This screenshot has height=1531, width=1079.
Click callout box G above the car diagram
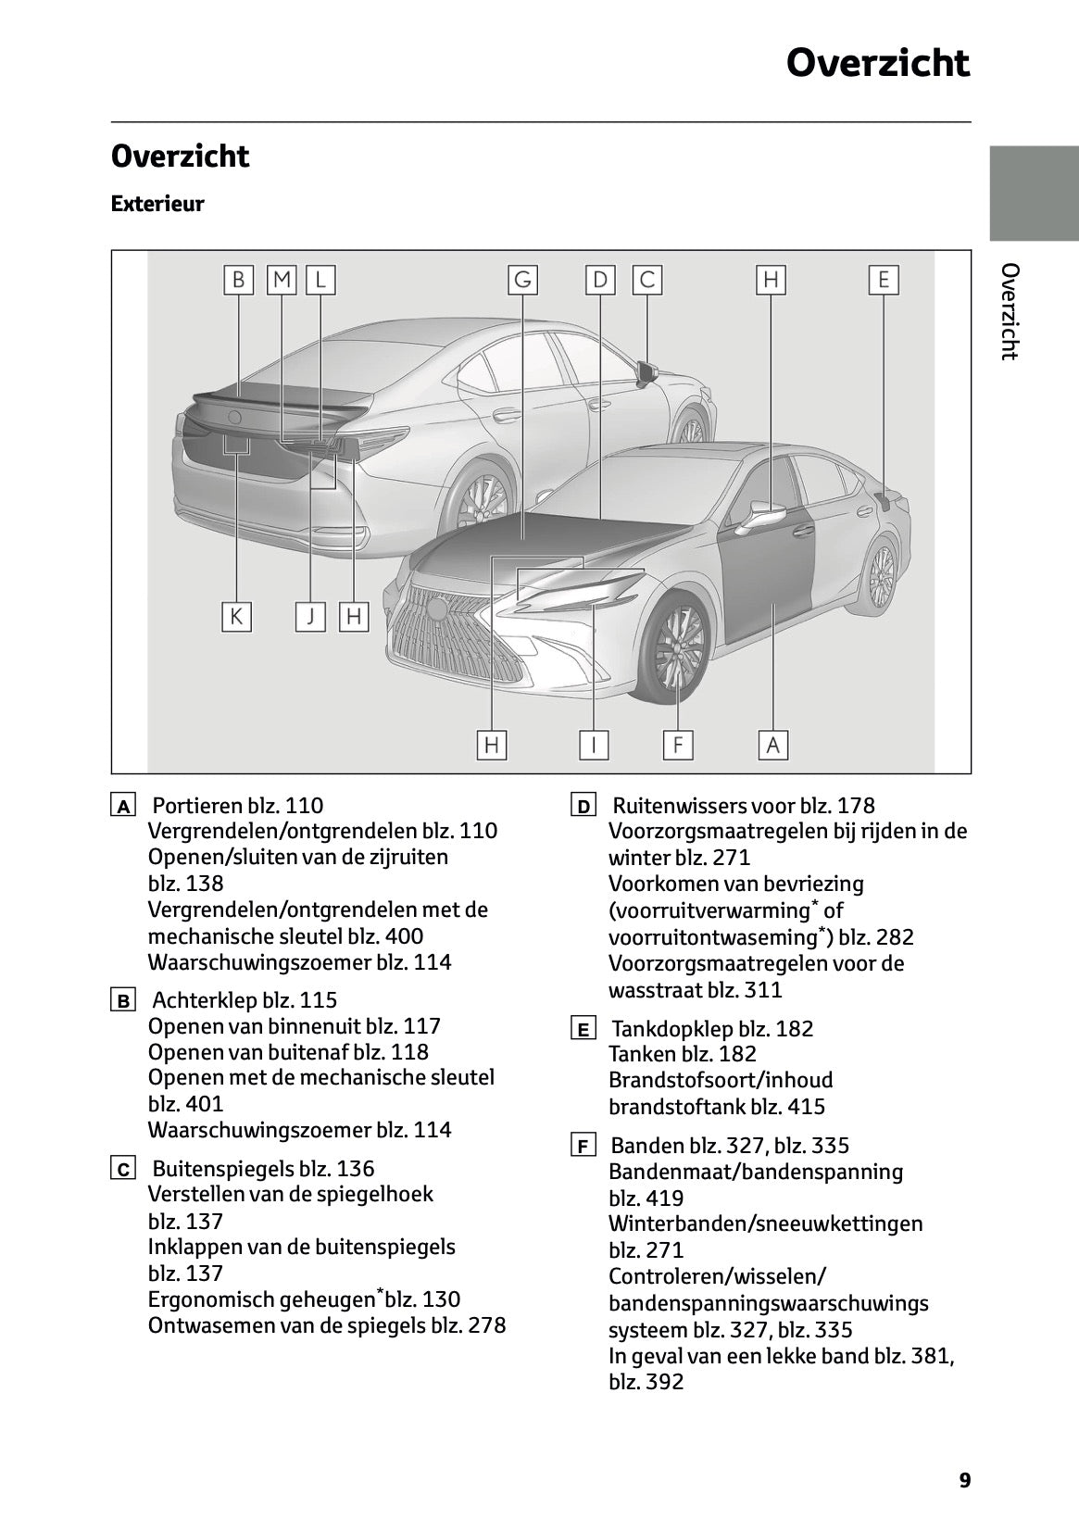pyautogui.click(x=522, y=280)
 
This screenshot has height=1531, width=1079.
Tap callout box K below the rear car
pyautogui.click(x=236, y=616)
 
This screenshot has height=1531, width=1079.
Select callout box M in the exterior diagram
pyautogui.click(x=282, y=280)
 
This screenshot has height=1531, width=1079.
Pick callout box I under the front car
pyautogui.click(x=593, y=744)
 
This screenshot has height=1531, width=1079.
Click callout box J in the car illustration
pyautogui.click(x=311, y=616)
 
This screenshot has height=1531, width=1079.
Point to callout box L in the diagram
pyautogui.click(x=320, y=280)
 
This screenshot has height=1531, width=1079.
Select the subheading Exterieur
pyautogui.click(x=157, y=204)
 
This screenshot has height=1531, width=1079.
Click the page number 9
pyautogui.click(x=965, y=1480)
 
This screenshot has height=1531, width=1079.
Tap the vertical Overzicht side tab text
pyautogui.click(x=1010, y=311)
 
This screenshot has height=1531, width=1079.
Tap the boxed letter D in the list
pyautogui.click(x=583, y=807)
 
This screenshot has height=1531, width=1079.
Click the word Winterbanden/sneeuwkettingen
pyautogui.click(x=765, y=1224)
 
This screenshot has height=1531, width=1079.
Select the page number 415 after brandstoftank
pyautogui.click(x=803, y=1107)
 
